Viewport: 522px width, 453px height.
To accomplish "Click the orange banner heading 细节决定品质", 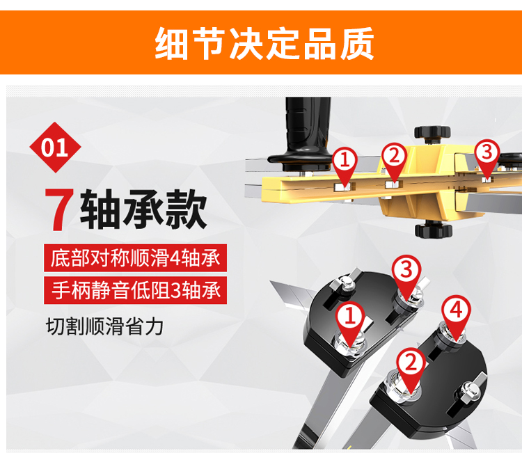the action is pos(264,44).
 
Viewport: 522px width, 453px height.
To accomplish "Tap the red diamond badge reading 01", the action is pos(55,148).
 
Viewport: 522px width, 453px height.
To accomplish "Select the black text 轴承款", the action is pos(143,209).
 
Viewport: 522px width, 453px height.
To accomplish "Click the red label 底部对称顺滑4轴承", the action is pos(135,258).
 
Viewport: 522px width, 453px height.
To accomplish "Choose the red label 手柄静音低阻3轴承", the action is pos(135,290).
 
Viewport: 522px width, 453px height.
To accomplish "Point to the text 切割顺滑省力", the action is pos(104,326).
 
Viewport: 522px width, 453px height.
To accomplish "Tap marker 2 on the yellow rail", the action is pos(394,161).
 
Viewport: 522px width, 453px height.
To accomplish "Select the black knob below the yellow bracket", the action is pos(434,230).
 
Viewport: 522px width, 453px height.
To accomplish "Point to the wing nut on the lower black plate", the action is pos(469,390).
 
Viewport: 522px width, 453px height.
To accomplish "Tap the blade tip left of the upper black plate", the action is pos(272,283).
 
